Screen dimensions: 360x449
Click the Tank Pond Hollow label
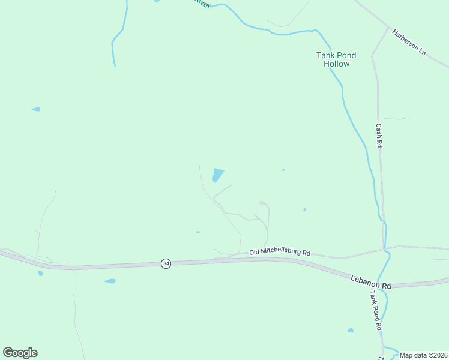pos(336,59)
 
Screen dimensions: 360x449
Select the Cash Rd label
pos(379,136)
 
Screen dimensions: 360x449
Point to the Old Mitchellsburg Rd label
pos(280,253)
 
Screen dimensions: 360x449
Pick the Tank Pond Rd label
pos(376,311)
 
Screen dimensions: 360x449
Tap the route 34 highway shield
pos(166,263)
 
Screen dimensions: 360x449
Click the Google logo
pos(20,353)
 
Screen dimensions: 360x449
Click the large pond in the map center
pos(218,175)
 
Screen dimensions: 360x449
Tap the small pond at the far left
pos(36,109)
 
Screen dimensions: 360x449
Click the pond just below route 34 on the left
pos(110,281)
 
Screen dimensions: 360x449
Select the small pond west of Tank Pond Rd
pos(350,330)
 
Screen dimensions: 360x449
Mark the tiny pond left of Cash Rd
pos(304,210)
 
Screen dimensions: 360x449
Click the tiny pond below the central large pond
pos(197,232)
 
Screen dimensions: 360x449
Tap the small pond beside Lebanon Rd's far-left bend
pos(41,273)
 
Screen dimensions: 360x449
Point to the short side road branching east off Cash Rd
pos(394,118)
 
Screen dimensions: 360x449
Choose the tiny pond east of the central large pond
pos(283,170)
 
